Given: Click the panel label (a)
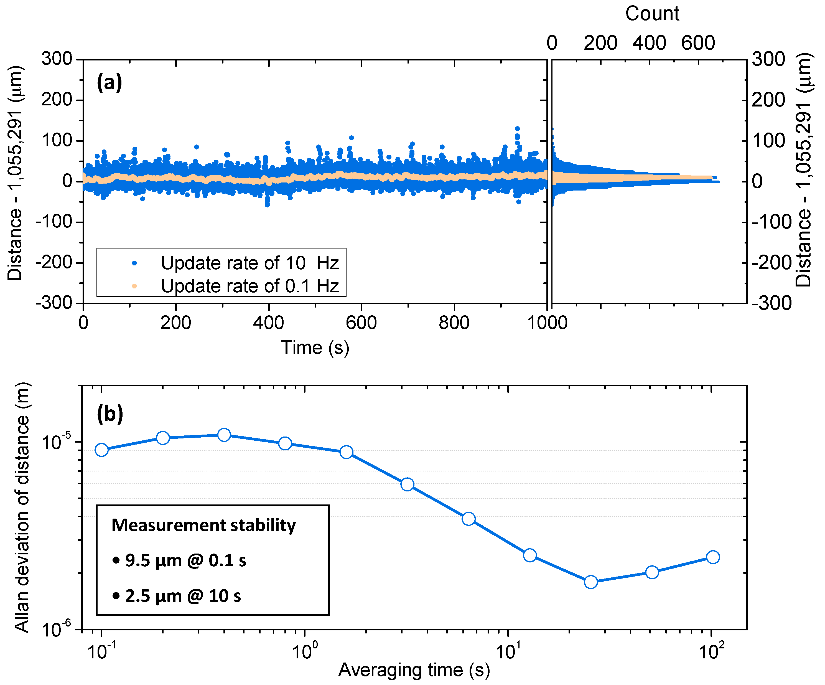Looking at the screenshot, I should pos(109,83).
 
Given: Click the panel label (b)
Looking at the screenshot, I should pos(110,413).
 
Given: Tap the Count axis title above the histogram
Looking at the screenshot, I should pos(652,14).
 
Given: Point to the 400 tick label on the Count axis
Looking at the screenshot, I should pos(649,43).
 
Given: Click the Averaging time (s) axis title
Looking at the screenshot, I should pos(414,670).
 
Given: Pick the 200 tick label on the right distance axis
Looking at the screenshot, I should pos(768,100).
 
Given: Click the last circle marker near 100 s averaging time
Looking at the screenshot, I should pos(713,557).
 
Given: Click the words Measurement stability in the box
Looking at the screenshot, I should pos(203,525).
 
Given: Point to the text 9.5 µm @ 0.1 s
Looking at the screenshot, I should pos(185,560).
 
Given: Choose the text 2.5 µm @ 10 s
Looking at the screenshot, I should pos(183,596).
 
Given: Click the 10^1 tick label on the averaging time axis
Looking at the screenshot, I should pos(508,651).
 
